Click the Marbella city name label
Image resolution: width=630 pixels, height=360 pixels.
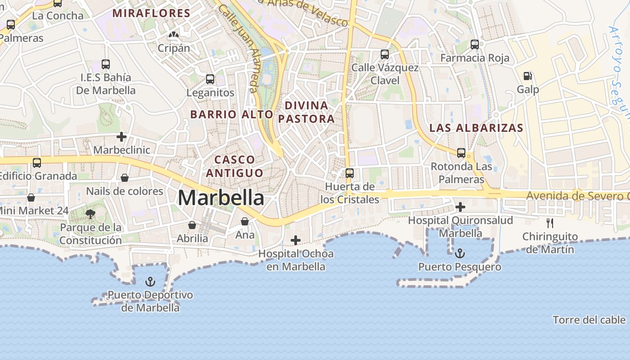click(x=221, y=198)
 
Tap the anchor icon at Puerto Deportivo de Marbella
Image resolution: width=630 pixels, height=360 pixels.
click(x=150, y=282)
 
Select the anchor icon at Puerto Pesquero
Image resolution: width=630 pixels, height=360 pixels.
click(x=459, y=253)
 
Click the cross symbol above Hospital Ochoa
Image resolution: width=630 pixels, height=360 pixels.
click(x=296, y=240)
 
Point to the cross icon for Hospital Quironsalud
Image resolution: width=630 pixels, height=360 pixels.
click(x=460, y=207)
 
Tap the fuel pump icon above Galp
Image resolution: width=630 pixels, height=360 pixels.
click(x=528, y=76)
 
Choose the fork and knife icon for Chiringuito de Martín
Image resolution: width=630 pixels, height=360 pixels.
click(x=549, y=223)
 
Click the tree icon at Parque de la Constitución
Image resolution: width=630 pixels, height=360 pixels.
click(x=90, y=214)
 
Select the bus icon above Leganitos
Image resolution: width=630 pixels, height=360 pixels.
click(x=210, y=79)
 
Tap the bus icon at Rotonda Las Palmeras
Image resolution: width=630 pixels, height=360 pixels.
click(x=461, y=153)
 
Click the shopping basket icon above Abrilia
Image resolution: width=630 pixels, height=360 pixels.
click(x=192, y=225)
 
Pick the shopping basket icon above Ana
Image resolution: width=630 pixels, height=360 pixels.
click(x=245, y=221)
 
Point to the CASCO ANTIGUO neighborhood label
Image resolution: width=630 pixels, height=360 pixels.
click(x=234, y=166)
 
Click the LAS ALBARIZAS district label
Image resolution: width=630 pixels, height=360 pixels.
click(x=476, y=128)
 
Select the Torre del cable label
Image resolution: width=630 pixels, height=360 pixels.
click(x=589, y=320)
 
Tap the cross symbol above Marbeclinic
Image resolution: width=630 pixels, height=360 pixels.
click(x=121, y=136)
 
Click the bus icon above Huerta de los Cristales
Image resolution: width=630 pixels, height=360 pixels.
click(x=350, y=173)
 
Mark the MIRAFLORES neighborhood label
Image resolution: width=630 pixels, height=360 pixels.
click(x=152, y=13)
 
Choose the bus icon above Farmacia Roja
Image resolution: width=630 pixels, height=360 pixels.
click(x=475, y=44)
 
